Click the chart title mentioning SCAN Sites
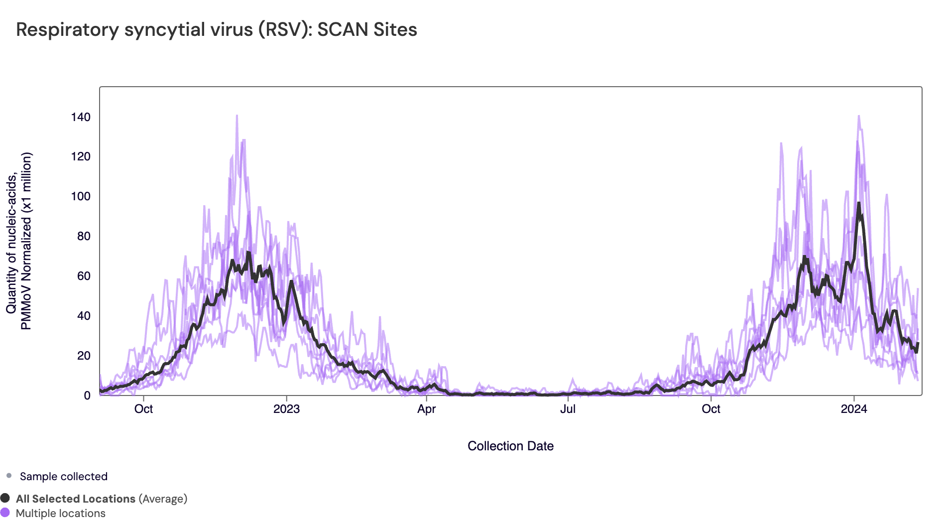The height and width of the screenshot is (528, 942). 217,29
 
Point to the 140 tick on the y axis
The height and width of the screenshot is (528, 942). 81,117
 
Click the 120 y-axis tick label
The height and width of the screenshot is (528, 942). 81,156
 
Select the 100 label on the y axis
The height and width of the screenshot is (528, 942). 81,196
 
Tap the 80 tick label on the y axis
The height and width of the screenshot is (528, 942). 84,236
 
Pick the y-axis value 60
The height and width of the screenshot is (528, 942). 84,276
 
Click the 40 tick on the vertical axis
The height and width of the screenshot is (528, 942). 84,316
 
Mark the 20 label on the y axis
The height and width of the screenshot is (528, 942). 84,356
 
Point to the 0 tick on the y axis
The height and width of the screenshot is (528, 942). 87,396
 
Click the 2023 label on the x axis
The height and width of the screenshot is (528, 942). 287,409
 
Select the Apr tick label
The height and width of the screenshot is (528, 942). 427,409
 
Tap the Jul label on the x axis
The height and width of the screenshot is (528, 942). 568,409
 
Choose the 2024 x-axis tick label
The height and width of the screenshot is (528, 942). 854,409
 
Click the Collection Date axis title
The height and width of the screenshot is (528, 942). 510,446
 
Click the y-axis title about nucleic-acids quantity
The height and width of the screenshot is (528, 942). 19,241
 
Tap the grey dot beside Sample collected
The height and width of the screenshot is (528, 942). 9,476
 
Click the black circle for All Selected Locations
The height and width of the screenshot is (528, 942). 5,498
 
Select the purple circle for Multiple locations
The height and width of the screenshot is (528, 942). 5,513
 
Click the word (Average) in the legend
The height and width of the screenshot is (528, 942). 163,499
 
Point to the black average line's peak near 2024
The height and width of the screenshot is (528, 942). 859,203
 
